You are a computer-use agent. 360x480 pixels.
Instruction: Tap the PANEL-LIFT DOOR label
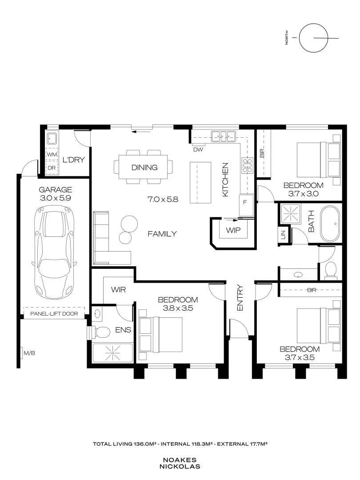pos(54,314)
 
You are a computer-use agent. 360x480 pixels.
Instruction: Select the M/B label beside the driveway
pos(29,353)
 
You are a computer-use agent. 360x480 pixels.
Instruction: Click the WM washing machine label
pos(52,155)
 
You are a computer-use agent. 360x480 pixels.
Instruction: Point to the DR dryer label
pos(52,168)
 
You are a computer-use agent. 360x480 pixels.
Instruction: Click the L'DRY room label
pos(73,160)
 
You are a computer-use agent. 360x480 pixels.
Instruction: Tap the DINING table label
pos(144,168)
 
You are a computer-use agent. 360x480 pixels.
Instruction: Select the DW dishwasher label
pos(198,150)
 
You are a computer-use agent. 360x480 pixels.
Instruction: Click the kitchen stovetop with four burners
pos(248,165)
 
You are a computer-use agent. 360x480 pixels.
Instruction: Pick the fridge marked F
pos(246,205)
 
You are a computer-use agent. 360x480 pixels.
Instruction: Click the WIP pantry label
pos(233,230)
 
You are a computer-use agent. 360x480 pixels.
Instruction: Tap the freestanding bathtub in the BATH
pos(330,224)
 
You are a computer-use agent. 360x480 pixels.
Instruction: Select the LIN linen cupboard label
pos(283,235)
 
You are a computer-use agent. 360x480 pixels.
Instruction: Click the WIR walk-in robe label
pos(119,290)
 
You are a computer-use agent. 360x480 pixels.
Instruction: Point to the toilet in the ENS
pos(100,332)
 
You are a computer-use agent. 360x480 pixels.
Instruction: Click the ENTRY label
pos(240,298)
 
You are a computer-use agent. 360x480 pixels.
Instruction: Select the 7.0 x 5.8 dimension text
pos(163,199)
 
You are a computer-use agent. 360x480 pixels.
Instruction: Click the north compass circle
pos(313,38)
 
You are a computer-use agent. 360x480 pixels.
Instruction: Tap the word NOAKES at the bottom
pos(180,460)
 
